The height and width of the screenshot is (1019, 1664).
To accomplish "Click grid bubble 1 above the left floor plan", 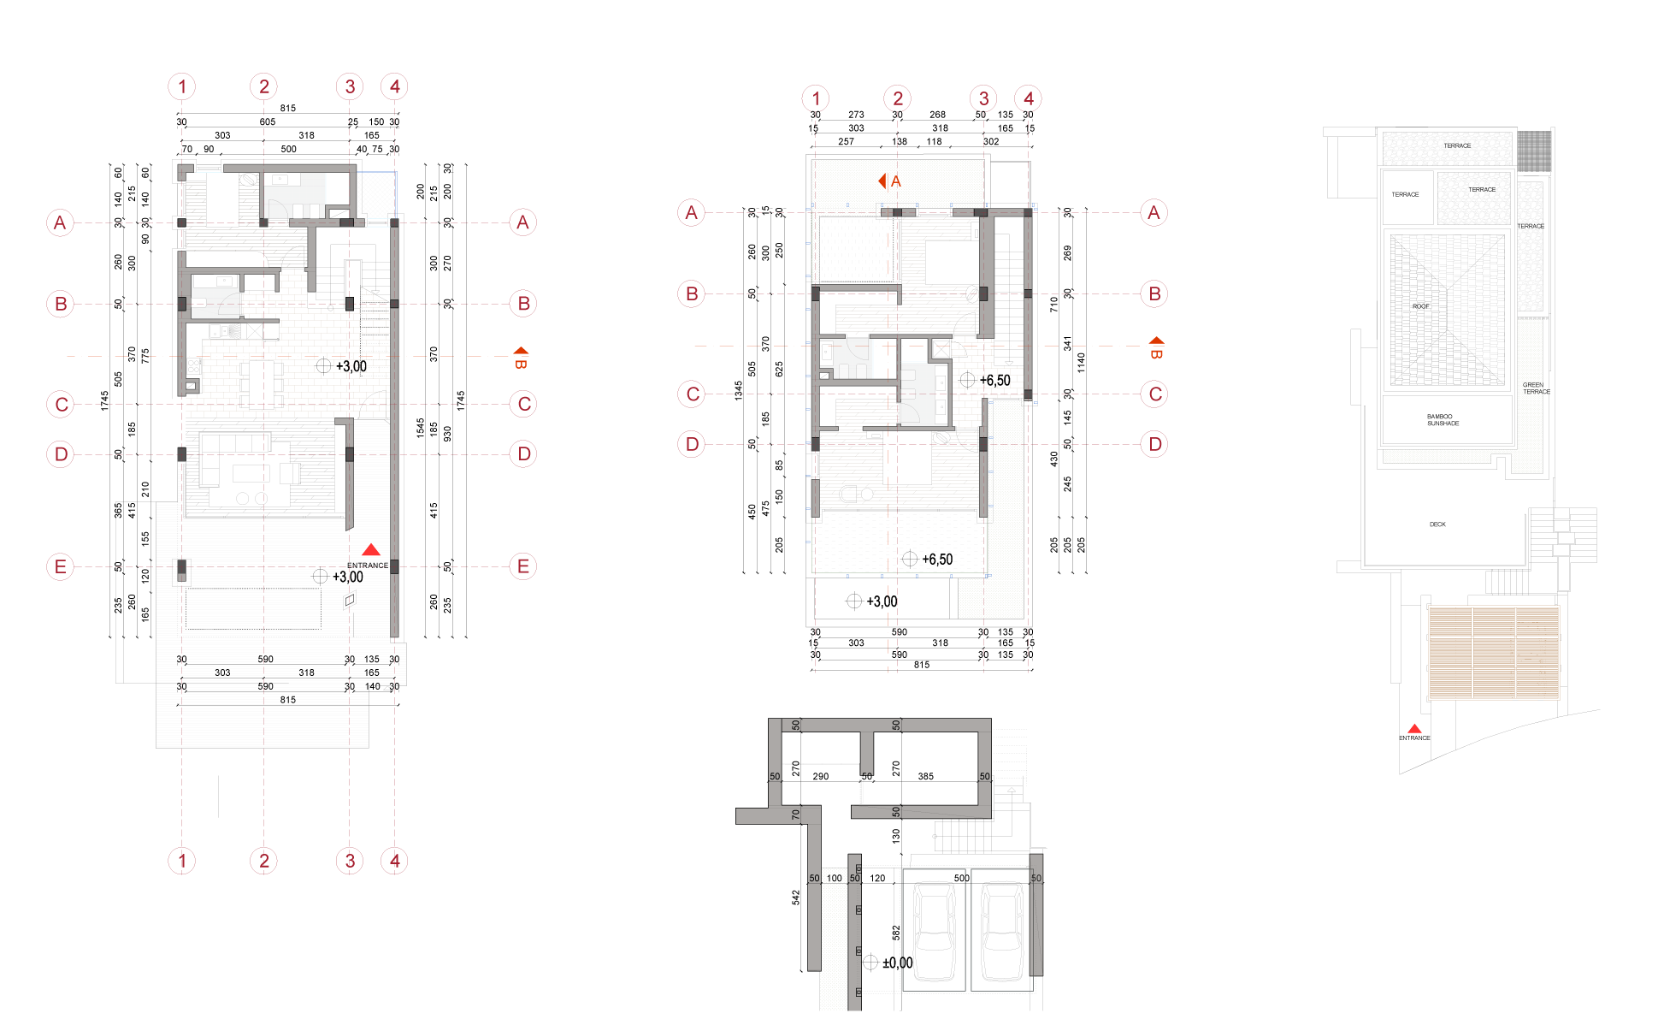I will (x=181, y=86).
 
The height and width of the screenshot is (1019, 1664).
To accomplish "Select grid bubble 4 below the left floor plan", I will (x=394, y=861).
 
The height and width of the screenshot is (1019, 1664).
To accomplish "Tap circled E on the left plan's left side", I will (x=60, y=566).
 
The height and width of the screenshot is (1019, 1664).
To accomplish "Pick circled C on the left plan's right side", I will (x=524, y=404).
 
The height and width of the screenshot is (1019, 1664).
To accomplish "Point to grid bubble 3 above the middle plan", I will (x=983, y=98).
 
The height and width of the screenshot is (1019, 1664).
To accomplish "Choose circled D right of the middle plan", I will (x=1154, y=444).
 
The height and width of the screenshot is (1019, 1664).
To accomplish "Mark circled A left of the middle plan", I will (x=691, y=212).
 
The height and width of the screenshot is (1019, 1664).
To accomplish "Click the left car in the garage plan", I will (x=934, y=931).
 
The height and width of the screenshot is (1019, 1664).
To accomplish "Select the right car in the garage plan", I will (x=1001, y=931).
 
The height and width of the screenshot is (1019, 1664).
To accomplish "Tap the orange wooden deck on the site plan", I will (x=1493, y=652).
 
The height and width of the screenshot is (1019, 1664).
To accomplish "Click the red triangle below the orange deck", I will (x=1414, y=729).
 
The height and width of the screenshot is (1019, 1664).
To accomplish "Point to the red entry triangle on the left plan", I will (x=370, y=550).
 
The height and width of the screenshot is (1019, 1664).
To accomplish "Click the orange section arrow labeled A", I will (x=888, y=181).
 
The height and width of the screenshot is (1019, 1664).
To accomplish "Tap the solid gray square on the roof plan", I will (x=1533, y=151).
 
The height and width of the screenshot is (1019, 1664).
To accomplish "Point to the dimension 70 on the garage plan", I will (x=795, y=815).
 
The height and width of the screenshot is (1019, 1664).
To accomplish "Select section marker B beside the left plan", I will (x=521, y=357).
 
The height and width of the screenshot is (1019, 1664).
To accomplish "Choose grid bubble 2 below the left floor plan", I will (x=263, y=861).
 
